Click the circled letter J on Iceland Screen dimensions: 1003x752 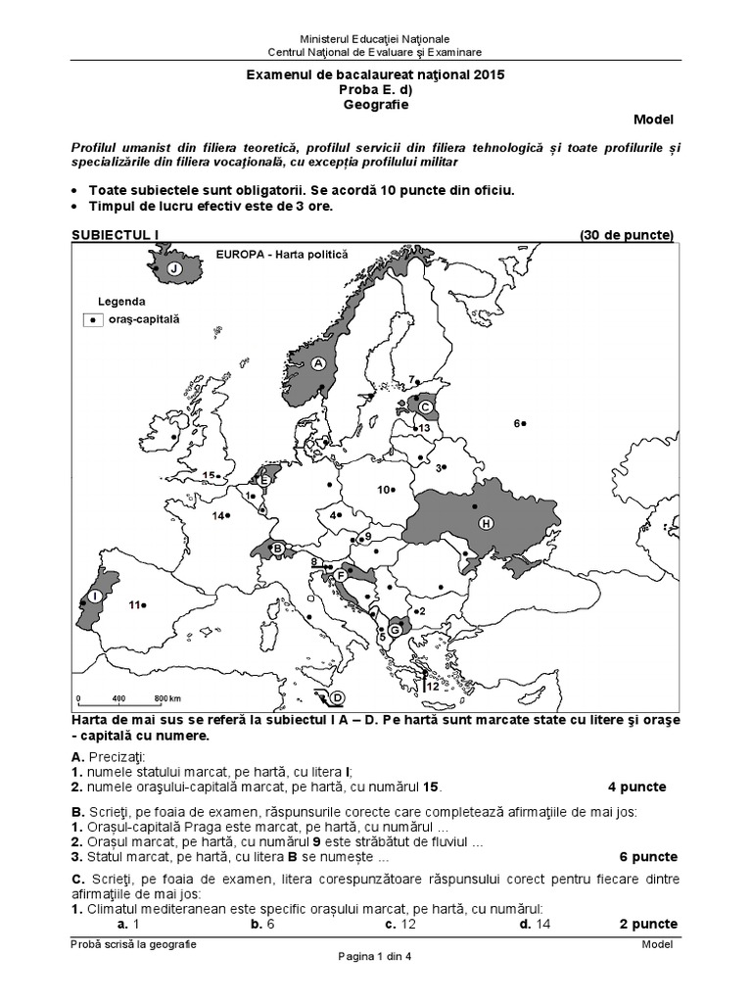click(173, 268)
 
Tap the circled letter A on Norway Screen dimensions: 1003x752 click(317, 361)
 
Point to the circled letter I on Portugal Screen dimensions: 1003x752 click(95, 596)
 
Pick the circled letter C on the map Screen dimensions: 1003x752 click(425, 404)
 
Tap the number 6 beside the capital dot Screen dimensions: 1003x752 click(516, 422)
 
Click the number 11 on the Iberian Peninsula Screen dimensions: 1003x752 click(134, 604)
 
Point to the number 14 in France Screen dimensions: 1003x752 click(219, 515)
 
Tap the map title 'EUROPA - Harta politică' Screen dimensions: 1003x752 click(282, 254)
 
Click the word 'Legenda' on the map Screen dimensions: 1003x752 click(121, 301)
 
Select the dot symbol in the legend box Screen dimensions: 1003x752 click(92, 319)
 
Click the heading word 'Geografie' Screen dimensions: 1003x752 click(376, 103)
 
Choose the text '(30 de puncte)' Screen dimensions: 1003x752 click(627, 235)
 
